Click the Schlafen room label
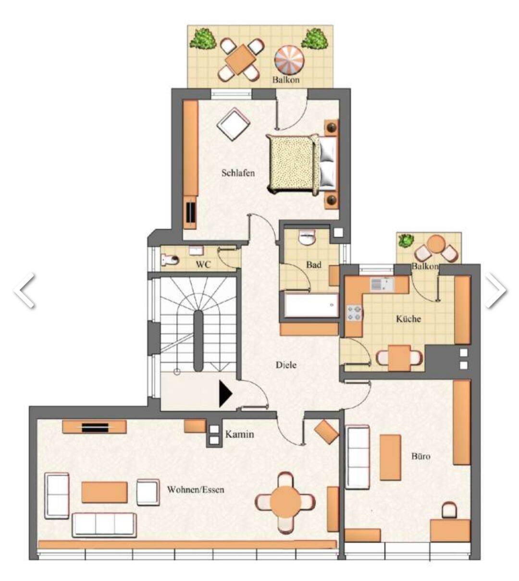tap(238, 173)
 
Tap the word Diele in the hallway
tap(286, 365)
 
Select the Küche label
tap(408, 319)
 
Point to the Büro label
tap(421, 456)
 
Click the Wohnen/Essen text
tap(195, 489)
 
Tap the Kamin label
tap(239, 435)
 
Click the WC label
tap(203, 264)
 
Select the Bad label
tap(314, 264)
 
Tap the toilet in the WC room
tap(170, 260)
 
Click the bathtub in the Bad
tap(311, 305)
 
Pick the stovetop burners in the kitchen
tap(354, 313)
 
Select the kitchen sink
tap(383, 285)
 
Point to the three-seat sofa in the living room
tap(104, 525)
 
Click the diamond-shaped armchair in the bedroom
tap(234, 124)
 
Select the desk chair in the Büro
tap(449, 510)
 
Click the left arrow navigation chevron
tap(25, 290)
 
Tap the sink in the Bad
tap(307, 238)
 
